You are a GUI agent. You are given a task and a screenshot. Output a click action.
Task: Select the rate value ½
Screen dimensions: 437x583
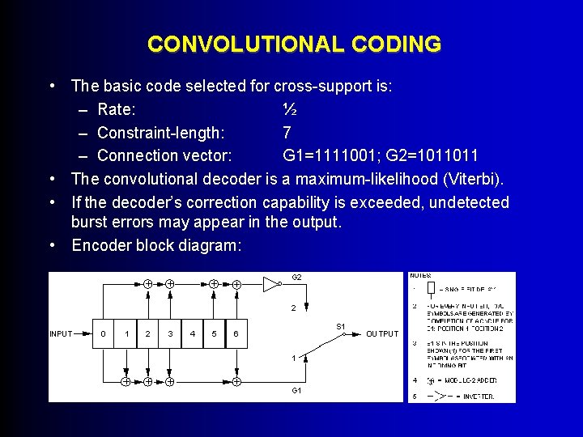point(290,108)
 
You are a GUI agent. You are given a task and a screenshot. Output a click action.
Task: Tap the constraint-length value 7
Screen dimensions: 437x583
point(287,132)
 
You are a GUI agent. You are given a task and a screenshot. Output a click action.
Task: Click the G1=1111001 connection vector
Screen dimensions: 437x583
point(332,155)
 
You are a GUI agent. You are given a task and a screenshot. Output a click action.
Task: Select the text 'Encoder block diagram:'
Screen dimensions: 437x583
point(156,246)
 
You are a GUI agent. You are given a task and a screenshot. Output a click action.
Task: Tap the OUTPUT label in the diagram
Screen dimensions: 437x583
point(382,333)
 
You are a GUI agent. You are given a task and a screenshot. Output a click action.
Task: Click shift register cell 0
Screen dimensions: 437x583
point(103,333)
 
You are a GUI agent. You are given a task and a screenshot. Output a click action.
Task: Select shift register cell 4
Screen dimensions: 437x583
point(191,333)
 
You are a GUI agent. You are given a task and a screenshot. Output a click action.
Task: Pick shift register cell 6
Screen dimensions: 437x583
point(236,333)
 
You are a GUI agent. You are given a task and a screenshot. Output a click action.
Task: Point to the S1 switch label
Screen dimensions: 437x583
point(341,326)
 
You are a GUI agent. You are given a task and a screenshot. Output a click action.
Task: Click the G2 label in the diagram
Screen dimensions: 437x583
point(296,278)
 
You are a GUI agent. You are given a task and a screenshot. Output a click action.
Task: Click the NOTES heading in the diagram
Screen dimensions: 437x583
point(420,276)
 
